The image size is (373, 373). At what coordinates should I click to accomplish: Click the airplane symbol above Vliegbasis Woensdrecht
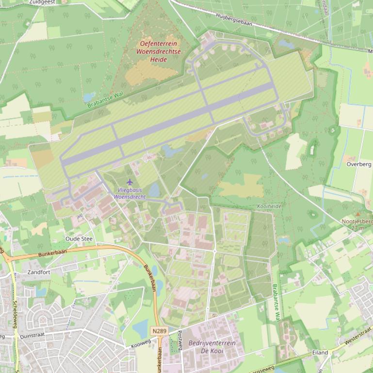pyautogui.click(x=130, y=182)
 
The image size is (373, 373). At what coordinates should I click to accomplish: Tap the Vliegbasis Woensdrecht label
pyautogui.click(x=130, y=194)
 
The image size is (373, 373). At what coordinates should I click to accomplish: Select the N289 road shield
pyautogui.click(x=159, y=331)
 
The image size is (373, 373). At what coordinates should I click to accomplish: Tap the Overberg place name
pyautogui.click(x=359, y=164)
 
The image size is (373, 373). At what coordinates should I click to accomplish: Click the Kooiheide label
pyautogui.click(x=269, y=206)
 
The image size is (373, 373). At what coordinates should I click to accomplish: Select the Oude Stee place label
pyautogui.click(x=79, y=239)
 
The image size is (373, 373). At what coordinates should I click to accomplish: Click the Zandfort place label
pyautogui.click(x=39, y=272)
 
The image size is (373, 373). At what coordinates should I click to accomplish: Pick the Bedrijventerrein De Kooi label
pyautogui.click(x=212, y=346)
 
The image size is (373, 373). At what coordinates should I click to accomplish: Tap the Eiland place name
pyautogui.click(x=320, y=353)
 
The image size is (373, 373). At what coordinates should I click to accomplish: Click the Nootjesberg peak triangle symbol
pyautogui.click(x=358, y=214)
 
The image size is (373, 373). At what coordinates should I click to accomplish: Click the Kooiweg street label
pyautogui.click(x=141, y=344)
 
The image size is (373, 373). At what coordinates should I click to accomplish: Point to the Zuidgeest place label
pyautogui.click(x=42, y=2)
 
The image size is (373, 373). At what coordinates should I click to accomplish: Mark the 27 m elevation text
pyautogui.click(x=357, y=228)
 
